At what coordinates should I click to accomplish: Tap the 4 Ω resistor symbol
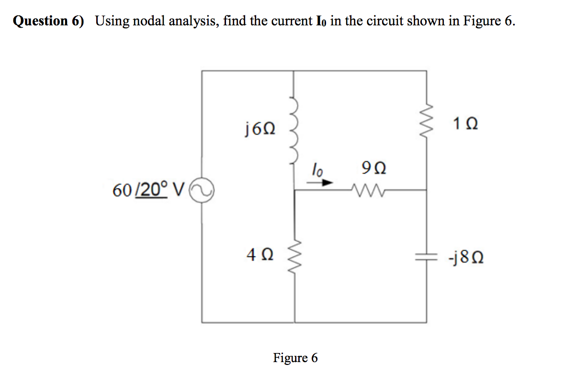click(x=293, y=255)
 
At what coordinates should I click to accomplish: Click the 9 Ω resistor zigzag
click(x=366, y=190)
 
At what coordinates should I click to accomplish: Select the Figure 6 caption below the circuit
click(x=295, y=357)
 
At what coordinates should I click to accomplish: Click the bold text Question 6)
click(x=48, y=21)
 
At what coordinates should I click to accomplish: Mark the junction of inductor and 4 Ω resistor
click(x=293, y=190)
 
